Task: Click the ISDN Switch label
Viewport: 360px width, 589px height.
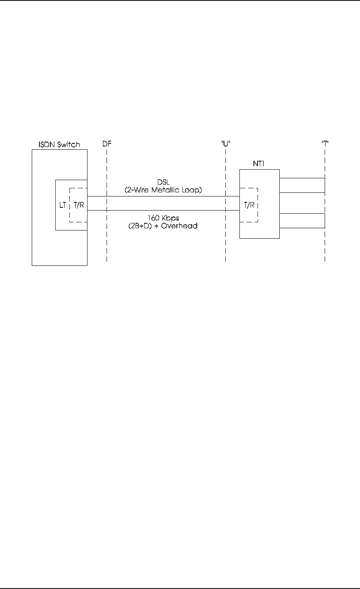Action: click(x=58, y=144)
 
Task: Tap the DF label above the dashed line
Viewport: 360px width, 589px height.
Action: click(x=107, y=144)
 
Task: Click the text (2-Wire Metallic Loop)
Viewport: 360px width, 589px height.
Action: click(x=163, y=191)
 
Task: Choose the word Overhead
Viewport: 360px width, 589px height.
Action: click(x=181, y=225)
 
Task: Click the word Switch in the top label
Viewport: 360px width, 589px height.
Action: click(x=69, y=144)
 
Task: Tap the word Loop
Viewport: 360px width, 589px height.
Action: click(x=192, y=191)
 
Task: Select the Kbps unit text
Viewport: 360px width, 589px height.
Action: click(x=170, y=218)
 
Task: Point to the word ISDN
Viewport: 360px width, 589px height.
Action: click(x=47, y=144)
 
